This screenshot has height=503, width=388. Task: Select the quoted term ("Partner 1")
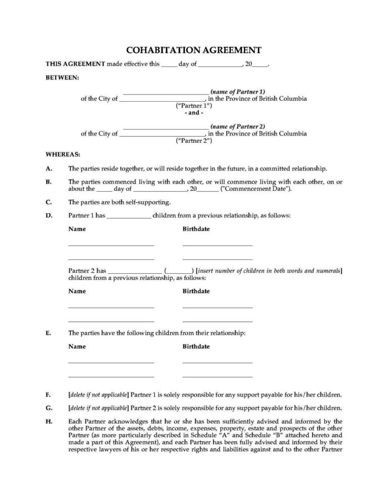(193, 106)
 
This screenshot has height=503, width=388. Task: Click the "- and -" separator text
(193, 113)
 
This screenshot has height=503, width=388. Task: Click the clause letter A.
(48, 169)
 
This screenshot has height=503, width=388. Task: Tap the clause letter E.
(48, 333)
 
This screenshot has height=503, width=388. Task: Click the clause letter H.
(48, 421)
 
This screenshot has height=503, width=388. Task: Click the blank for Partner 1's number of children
(129, 216)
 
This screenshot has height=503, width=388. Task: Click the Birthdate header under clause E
(196, 347)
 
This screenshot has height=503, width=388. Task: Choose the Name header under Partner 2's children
(77, 291)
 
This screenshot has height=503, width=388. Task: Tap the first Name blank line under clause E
(111, 362)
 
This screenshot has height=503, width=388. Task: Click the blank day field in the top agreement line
(170, 65)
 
